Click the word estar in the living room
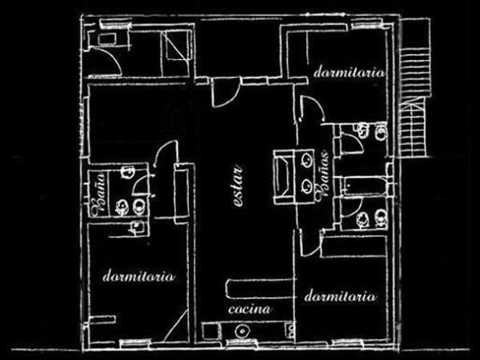coord(238,186)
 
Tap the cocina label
coord(250,309)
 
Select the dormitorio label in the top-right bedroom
coord(349,72)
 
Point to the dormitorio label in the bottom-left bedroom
coord(139,276)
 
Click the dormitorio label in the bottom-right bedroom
coord(341,296)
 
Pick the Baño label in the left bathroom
coord(100,194)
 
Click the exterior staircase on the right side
coord(414,102)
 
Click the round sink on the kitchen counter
coord(242,331)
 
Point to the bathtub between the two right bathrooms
coord(365,186)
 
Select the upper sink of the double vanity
coord(306,160)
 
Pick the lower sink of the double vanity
coord(306,186)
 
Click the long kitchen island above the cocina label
coord(259,288)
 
